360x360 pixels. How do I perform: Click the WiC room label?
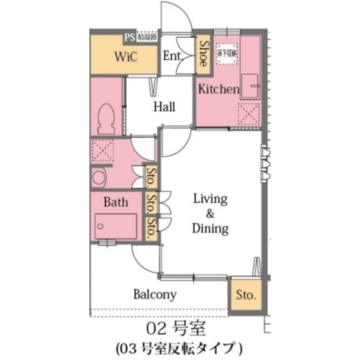(x=126, y=57)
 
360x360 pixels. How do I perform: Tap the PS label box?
(x=129, y=37)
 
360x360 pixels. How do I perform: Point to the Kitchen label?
(x=219, y=89)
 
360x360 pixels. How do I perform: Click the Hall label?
(x=164, y=107)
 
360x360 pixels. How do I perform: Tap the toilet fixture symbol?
(x=107, y=118)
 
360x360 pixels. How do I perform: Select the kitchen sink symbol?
(x=250, y=86)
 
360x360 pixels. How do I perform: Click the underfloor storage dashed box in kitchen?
(x=227, y=54)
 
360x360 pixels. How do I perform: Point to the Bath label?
(x=116, y=202)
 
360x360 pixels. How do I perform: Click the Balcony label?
(x=155, y=294)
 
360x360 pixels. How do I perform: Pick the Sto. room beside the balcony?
(x=246, y=296)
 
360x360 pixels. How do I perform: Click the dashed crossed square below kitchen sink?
(x=249, y=112)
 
